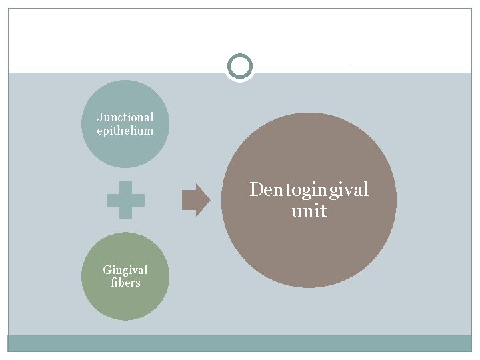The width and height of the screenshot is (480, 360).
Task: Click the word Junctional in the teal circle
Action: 125,117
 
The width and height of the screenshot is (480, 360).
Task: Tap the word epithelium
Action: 125,131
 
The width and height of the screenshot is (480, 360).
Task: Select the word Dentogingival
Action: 309,190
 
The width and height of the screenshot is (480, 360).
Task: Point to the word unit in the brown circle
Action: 309,211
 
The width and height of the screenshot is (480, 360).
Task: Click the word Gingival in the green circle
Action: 125,270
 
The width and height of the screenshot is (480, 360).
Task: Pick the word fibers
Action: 125,283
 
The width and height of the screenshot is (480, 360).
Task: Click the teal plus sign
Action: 125,201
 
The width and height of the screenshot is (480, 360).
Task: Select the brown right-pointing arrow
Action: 195,200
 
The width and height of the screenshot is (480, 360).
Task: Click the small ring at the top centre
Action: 240,67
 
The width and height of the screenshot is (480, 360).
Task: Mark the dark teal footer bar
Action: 240,343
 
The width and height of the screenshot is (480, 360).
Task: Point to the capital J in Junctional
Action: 100,117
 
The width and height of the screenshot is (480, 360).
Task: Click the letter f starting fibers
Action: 113,283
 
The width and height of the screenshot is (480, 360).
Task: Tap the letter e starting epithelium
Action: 99,131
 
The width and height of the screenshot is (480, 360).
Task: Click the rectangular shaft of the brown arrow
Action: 188,200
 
